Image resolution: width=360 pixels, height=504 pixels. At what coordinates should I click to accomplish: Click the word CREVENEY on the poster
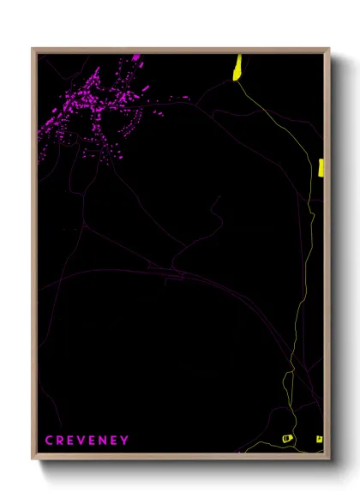coord(87,441)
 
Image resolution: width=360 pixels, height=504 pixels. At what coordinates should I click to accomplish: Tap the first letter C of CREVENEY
coord(49,441)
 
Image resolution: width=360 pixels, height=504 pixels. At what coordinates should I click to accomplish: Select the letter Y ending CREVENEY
coord(125,441)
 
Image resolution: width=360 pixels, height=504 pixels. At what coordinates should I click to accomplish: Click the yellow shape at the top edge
coord(237,67)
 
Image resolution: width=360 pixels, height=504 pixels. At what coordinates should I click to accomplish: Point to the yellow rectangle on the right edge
coord(320,167)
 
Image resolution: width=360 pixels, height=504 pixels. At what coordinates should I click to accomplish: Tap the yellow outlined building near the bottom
coord(288,438)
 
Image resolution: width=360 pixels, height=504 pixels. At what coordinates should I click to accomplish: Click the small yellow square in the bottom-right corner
coord(319,438)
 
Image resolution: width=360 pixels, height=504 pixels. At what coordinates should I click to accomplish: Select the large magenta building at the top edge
coord(135,58)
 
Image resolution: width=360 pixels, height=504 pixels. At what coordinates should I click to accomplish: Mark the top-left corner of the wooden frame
coord(33,49)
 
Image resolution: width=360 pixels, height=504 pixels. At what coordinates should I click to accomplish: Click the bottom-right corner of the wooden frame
coord(329,459)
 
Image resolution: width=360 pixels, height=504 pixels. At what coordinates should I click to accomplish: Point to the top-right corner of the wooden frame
coord(329,49)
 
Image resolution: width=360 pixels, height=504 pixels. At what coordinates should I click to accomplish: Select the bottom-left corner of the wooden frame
coord(33,459)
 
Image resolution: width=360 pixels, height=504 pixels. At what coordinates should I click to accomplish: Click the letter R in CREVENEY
coord(59,441)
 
